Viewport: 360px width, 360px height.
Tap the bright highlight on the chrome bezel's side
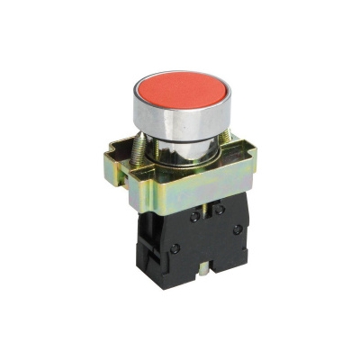(144, 115)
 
